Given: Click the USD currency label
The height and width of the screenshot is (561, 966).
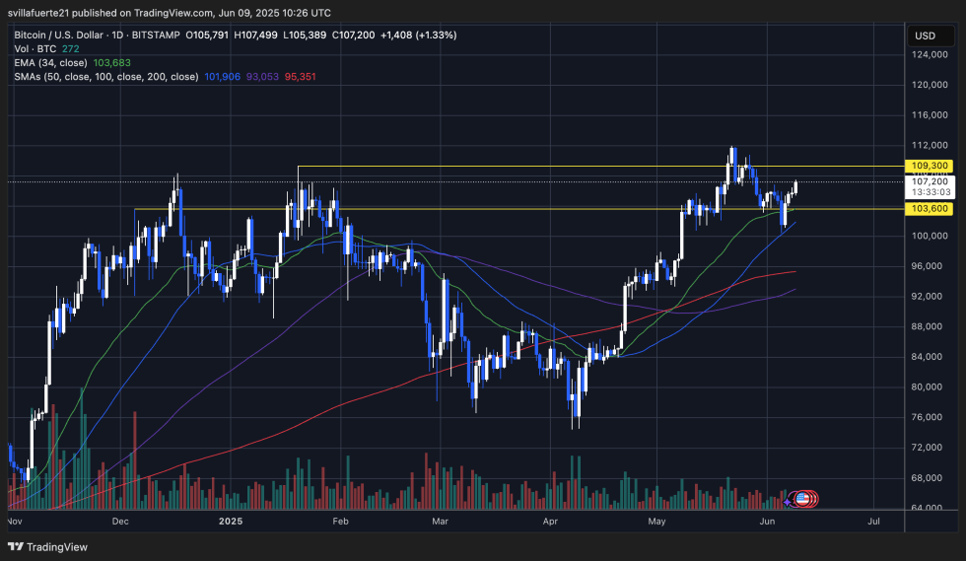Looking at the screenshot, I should click(925, 35).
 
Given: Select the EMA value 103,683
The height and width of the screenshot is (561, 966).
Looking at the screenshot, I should click(112, 62).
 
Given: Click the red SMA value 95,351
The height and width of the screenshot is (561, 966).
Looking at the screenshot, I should click(302, 76).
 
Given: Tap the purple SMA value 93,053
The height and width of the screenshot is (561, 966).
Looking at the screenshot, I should click(261, 76).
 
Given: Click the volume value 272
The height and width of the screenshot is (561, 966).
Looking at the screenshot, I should click(70, 48).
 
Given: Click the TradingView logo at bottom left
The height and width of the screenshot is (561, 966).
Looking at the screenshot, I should click(48, 547).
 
